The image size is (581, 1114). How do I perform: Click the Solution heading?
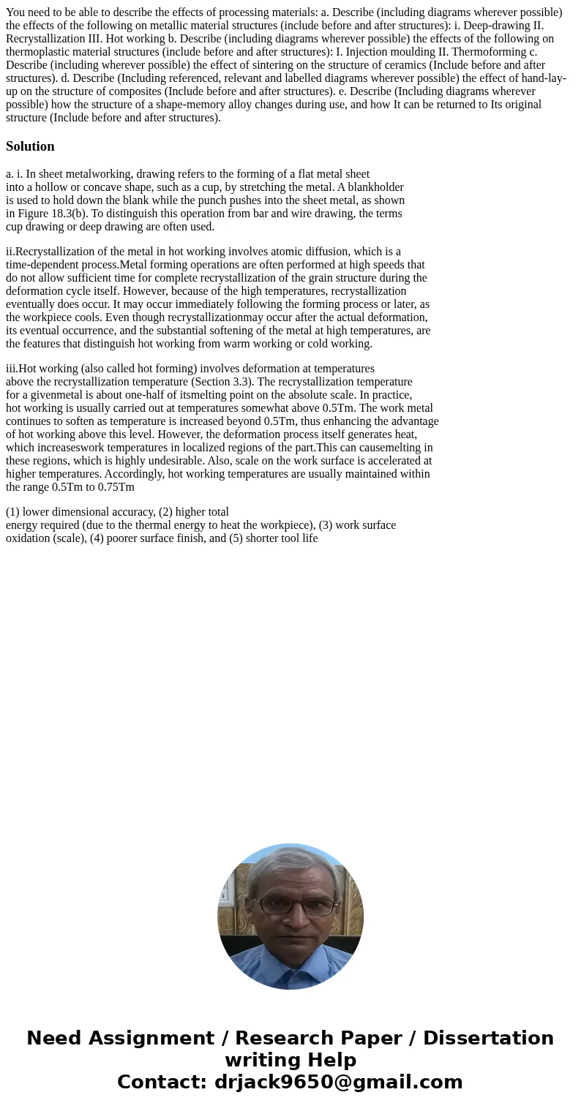click(x=30, y=146)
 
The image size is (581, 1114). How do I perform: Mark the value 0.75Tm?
click(x=116, y=487)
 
